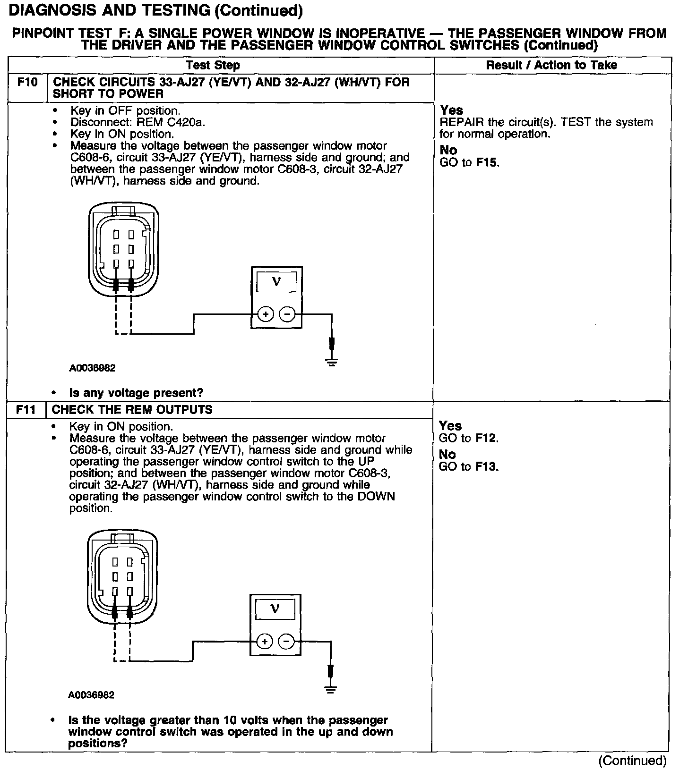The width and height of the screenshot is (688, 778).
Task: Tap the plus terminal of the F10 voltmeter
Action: [266, 314]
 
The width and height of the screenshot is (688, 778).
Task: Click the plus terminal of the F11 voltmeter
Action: [265, 642]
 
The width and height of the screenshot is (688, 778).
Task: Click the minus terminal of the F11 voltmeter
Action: [286, 642]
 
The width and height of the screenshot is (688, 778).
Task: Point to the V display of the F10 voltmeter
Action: [276, 282]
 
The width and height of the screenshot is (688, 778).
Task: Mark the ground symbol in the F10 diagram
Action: [332, 363]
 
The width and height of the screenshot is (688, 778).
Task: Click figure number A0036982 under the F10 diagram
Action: [92, 368]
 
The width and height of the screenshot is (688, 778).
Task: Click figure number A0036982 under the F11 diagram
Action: [91, 695]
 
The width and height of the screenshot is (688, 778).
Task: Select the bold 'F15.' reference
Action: [488, 163]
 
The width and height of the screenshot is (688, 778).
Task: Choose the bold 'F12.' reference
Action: [487, 438]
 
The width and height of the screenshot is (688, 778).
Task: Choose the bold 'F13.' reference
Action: [487, 467]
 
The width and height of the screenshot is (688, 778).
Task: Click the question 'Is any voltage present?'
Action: [136, 393]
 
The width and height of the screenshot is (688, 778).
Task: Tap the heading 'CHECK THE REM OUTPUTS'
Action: [132, 410]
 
